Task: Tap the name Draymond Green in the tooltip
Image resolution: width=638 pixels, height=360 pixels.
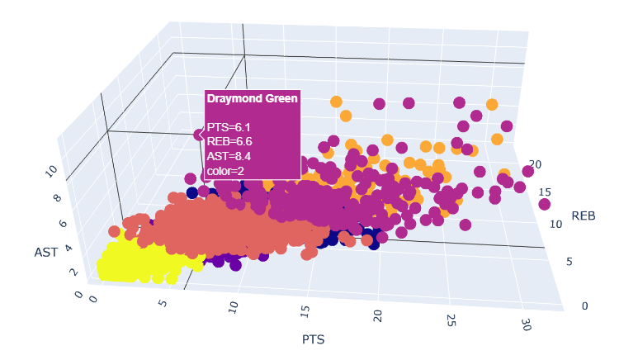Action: click(252, 98)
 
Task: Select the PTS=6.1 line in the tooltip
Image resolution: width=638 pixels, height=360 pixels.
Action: click(229, 127)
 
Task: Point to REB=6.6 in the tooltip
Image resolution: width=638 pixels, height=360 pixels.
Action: click(229, 141)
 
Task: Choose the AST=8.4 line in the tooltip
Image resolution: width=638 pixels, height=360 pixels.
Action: click(229, 156)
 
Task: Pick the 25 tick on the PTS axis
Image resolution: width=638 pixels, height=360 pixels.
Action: click(449, 319)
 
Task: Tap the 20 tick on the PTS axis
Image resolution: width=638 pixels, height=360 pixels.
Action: click(378, 315)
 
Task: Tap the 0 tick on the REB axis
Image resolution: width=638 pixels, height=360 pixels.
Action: click(584, 306)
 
